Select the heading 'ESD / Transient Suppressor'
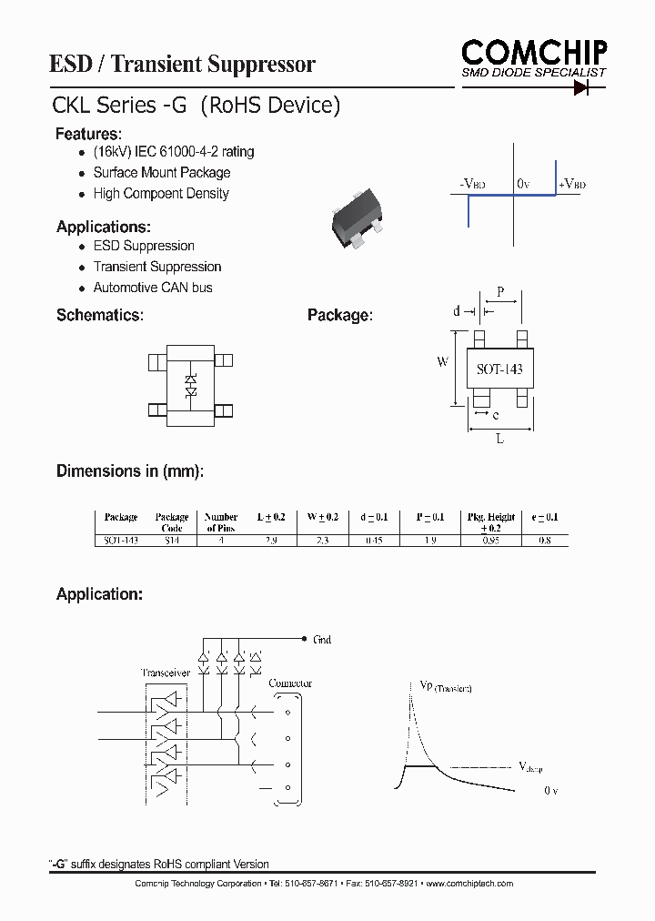point(182,64)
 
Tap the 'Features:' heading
point(88,134)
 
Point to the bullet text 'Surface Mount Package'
point(162,173)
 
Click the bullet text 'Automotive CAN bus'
point(153,288)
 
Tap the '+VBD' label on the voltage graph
point(571,184)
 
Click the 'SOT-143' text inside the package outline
point(500,370)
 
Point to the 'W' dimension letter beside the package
point(443,362)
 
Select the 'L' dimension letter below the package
point(500,439)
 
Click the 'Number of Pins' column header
point(221,522)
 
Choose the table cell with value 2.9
point(271,540)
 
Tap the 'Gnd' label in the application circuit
point(322,640)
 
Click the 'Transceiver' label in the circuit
point(165,673)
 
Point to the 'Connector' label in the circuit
point(291,683)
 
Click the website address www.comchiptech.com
point(469,884)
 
